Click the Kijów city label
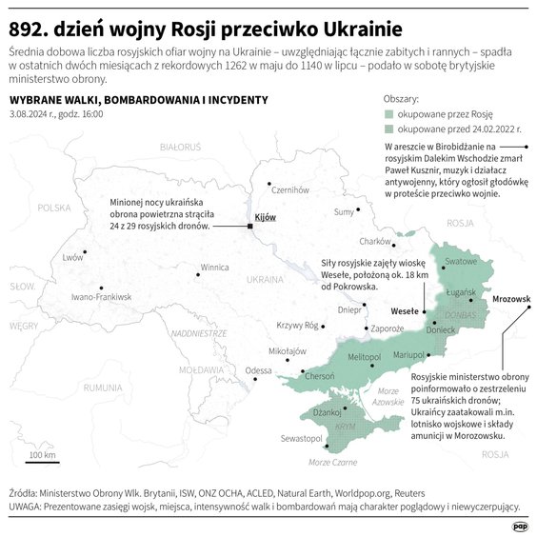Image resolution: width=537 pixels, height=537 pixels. tap(266, 217)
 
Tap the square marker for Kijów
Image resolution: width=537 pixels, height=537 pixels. tap(249, 227)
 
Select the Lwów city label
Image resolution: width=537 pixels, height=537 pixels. tap(72, 258)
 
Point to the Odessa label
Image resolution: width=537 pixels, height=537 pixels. tap(258, 370)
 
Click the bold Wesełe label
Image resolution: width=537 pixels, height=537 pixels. tap(405, 310)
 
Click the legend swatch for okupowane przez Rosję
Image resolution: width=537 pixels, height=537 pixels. tap(388, 114)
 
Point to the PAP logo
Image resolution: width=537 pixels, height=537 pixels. tap(520, 526)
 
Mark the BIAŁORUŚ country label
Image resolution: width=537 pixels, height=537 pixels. tap(181, 148)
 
